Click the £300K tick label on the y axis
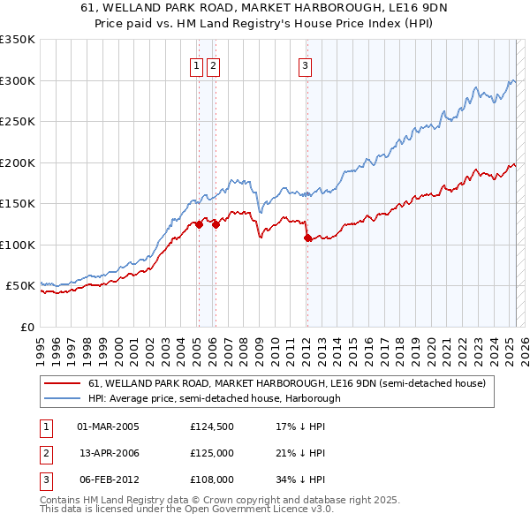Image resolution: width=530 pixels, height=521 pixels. [18, 80]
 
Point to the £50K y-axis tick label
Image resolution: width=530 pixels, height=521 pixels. [21, 286]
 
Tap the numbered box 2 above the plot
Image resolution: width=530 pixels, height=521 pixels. [214, 64]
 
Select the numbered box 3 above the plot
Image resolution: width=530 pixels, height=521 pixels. [305, 64]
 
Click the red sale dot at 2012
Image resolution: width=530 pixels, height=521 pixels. [307, 238]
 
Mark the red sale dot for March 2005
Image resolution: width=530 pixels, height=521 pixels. [199, 224]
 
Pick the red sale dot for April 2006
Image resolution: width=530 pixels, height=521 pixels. [216, 224]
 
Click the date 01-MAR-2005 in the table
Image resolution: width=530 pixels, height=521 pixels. [109, 427]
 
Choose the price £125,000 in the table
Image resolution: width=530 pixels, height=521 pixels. [212, 453]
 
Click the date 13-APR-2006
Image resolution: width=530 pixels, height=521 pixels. [109, 453]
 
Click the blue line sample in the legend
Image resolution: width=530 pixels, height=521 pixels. [63, 398]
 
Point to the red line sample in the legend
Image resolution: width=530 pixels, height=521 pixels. [63, 384]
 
